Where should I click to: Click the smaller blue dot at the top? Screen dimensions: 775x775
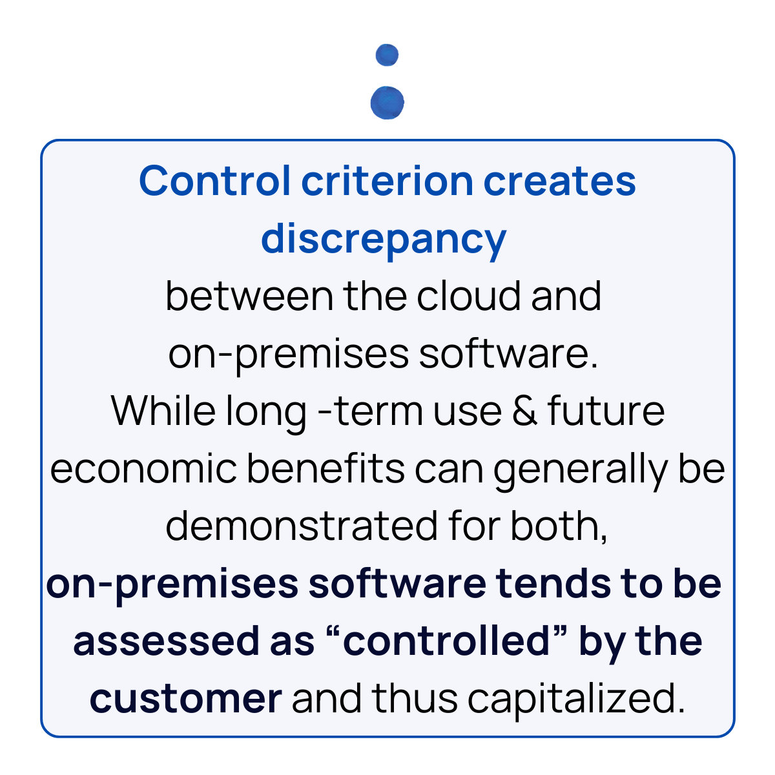(x=387, y=55)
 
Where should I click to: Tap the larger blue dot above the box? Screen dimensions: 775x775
(x=387, y=103)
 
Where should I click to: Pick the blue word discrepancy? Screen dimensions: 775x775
(x=384, y=239)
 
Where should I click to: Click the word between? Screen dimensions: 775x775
(x=249, y=296)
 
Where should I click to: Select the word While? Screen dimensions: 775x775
(x=163, y=411)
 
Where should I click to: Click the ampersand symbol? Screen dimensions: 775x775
(x=524, y=411)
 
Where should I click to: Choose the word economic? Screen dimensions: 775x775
(x=143, y=468)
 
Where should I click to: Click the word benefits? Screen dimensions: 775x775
(x=325, y=468)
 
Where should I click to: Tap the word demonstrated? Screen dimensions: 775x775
(x=300, y=526)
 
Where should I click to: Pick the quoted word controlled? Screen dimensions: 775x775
(x=454, y=641)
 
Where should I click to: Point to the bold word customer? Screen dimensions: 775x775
(x=185, y=699)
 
